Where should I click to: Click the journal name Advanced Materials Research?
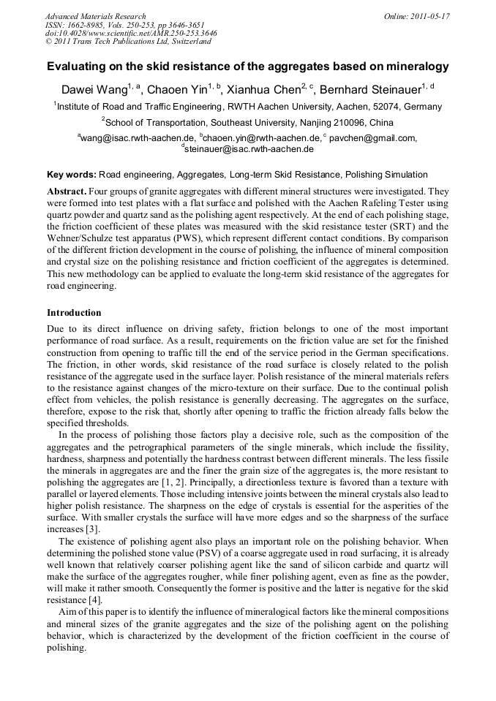coord(95,16)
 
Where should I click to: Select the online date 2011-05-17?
coord(432,16)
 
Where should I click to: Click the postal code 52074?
coord(375,106)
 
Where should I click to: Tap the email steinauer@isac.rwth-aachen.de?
coord(249,149)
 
